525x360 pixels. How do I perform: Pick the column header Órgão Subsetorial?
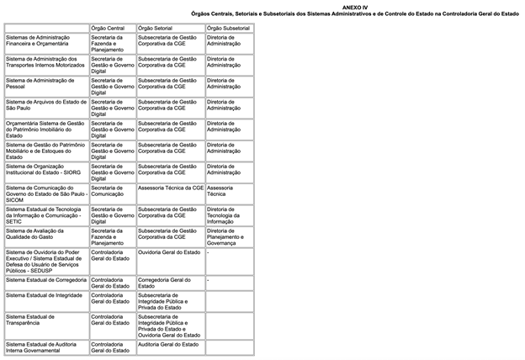click(x=228, y=28)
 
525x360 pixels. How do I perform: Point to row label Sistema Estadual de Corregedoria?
click(x=45, y=279)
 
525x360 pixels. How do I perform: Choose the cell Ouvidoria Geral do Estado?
click(x=168, y=252)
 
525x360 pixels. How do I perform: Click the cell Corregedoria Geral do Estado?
click(x=164, y=283)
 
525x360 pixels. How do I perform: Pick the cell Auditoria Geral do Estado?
click(x=168, y=344)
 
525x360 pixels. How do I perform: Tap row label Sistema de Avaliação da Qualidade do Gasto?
click(x=38, y=234)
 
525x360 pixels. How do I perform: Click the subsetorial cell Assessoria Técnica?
click(x=221, y=192)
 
